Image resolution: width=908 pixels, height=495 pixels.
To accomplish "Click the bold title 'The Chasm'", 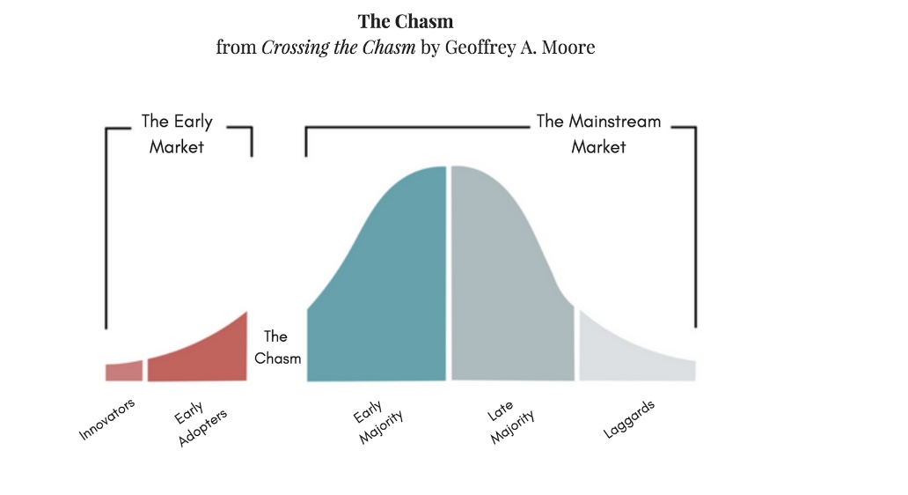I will (x=406, y=21).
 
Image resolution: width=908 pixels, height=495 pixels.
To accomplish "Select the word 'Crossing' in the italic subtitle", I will (x=296, y=48).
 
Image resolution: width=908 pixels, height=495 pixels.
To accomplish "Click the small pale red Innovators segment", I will (x=123, y=372).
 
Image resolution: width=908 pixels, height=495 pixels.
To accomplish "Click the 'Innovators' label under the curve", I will (x=107, y=419).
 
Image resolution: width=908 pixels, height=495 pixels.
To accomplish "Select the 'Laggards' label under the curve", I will (x=629, y=419).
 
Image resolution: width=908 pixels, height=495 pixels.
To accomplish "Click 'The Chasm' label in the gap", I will (x=277, y=347).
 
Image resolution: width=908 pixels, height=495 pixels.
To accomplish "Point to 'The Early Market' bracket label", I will (x=177, y=134).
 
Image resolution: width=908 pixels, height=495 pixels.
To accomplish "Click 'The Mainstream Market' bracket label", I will (x=598, y=134).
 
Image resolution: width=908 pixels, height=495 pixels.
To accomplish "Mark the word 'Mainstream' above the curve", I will (x=614, y=122).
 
